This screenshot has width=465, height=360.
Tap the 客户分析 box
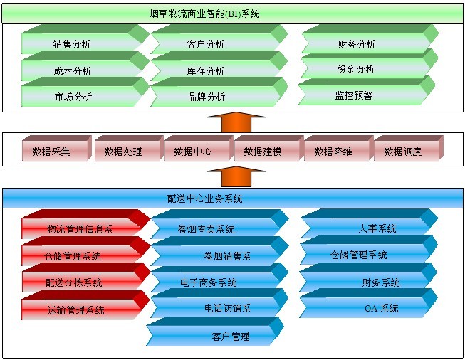coord(207,44)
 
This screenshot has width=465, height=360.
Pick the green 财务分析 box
coord(356,44)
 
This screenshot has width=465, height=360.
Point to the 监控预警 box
coord(354,95)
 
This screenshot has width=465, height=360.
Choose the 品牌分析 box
coord(207,97)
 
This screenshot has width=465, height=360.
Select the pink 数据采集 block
coord(51,151)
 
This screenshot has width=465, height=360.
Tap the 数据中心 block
coord(192,151)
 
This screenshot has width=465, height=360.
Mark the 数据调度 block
coord(403,151)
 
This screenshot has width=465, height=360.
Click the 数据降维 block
coord(333,151)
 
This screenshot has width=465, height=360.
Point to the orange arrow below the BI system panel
coord(233,121)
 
